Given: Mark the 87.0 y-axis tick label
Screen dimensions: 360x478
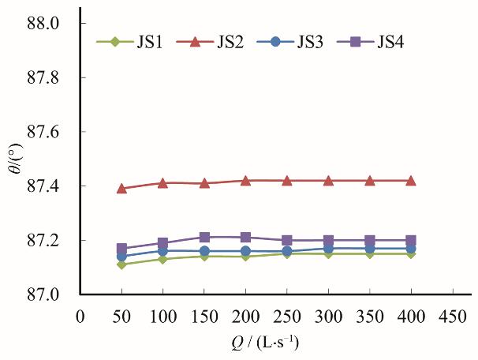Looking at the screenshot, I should [43, 294].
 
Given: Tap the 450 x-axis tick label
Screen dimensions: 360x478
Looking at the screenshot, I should [452, 316].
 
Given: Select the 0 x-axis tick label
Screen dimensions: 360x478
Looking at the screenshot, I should [80, 316].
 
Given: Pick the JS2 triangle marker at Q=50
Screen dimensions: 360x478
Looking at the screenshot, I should [121, 188].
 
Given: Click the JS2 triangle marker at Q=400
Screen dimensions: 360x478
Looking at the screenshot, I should [410, 180].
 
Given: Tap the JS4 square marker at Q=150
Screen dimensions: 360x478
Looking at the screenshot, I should [204, 237].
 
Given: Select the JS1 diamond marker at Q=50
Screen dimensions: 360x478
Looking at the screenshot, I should [121, 264].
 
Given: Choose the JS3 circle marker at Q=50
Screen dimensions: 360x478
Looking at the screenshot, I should [121, 256].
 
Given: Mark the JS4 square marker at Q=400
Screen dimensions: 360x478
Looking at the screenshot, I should [410, 240].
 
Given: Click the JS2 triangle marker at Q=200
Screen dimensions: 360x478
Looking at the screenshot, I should [245, 180].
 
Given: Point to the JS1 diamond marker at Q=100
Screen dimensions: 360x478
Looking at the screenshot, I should [162, 259].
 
